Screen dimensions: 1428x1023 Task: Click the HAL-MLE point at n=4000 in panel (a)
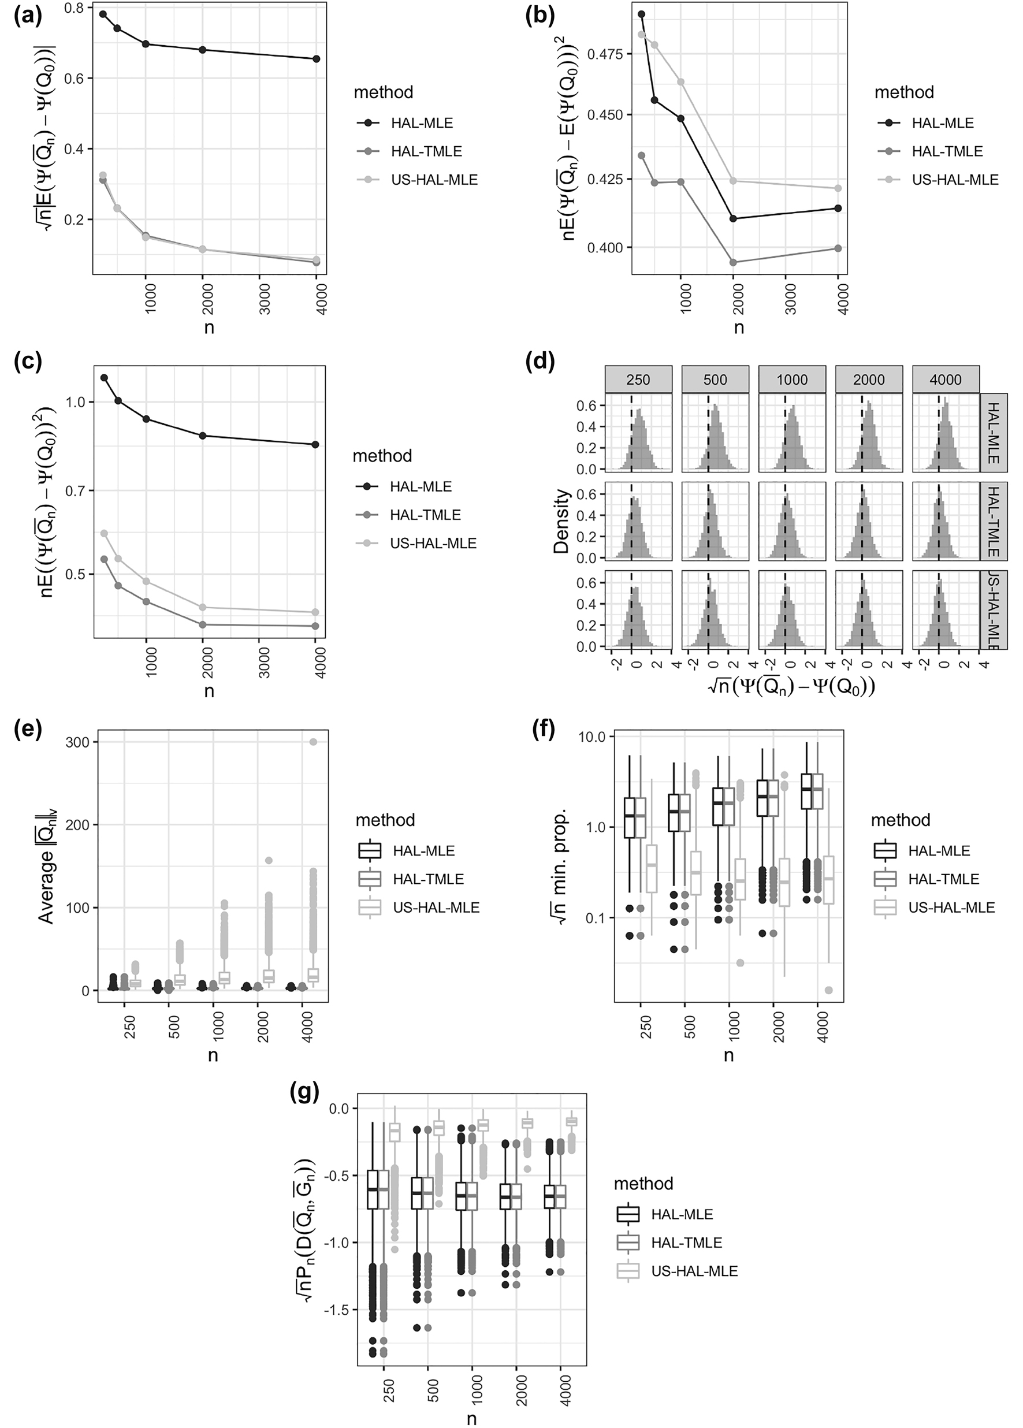click(316, 59)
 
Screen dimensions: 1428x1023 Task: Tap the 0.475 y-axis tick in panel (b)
click(605, 54)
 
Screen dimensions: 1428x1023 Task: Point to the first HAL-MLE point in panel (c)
click(105, 378)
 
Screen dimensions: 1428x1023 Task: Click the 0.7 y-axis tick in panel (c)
click(75, 490)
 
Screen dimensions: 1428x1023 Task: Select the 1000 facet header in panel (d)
click(791, 380)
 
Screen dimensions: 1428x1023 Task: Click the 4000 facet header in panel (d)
click(945, 380)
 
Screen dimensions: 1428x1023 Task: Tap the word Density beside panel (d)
click(561, 521)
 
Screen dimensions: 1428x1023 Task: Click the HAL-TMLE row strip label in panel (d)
click(993, 520)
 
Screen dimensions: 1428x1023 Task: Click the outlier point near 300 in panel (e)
click(313, 742)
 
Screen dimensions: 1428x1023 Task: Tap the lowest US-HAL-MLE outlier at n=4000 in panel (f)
click(828, 990)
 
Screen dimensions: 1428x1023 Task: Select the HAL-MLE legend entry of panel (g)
click(682, 1215)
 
